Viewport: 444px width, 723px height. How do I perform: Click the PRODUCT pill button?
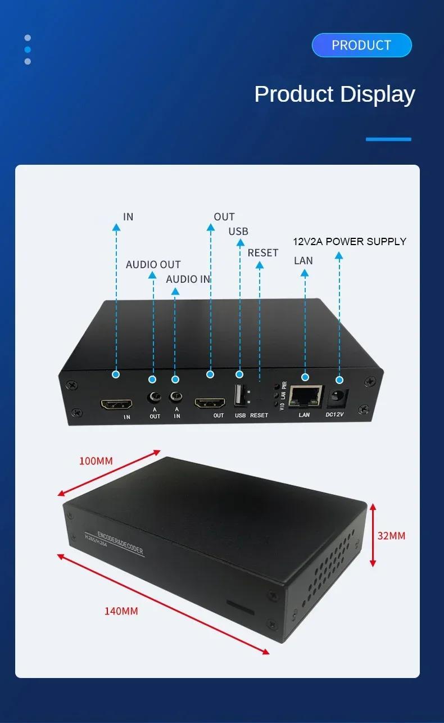(361, 45)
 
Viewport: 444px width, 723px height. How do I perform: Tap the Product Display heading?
(334, 94)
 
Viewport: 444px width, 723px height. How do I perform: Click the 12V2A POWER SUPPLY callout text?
(350, 242)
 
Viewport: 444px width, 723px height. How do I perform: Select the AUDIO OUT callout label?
(153, 265)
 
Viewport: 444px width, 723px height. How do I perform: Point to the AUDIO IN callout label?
(188, 279)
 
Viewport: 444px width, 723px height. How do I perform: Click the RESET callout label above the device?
(262, 253)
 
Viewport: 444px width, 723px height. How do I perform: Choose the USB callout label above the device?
(238, 232)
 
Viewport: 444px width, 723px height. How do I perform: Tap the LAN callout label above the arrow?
(303, 261)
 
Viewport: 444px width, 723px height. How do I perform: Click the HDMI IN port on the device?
(116, 404)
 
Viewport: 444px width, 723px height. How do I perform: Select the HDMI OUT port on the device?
(210, 403)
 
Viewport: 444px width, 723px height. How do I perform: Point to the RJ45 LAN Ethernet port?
(307, 396)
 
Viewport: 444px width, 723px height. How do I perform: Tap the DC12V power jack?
(338, 397)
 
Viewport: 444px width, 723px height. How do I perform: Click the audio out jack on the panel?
(153, 398)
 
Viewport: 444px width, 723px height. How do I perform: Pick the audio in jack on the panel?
(176, 398)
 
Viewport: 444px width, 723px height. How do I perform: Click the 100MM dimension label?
(96, 462)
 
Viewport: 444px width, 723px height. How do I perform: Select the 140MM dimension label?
(121, 611)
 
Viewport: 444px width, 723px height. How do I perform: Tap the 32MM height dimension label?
(391, 536)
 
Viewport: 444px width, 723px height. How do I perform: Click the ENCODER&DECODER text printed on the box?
(120, 543)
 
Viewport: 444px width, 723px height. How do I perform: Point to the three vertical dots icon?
(28, 49)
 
